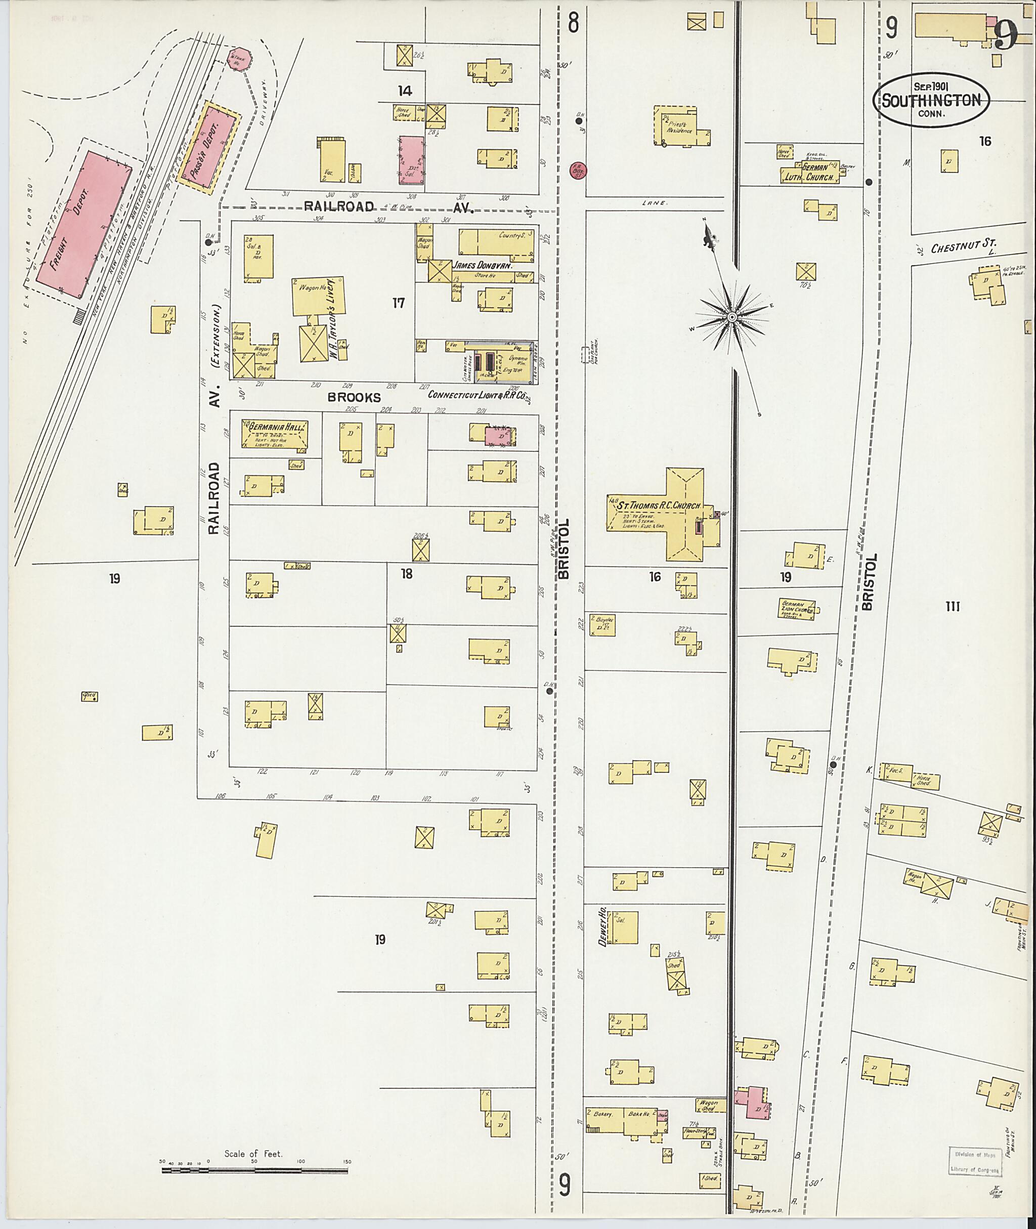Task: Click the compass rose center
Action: (x=732, y=317)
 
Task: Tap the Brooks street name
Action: (x=354, y=398)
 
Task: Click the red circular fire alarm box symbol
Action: (x=578, y=171)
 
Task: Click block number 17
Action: (x=399, y=303)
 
